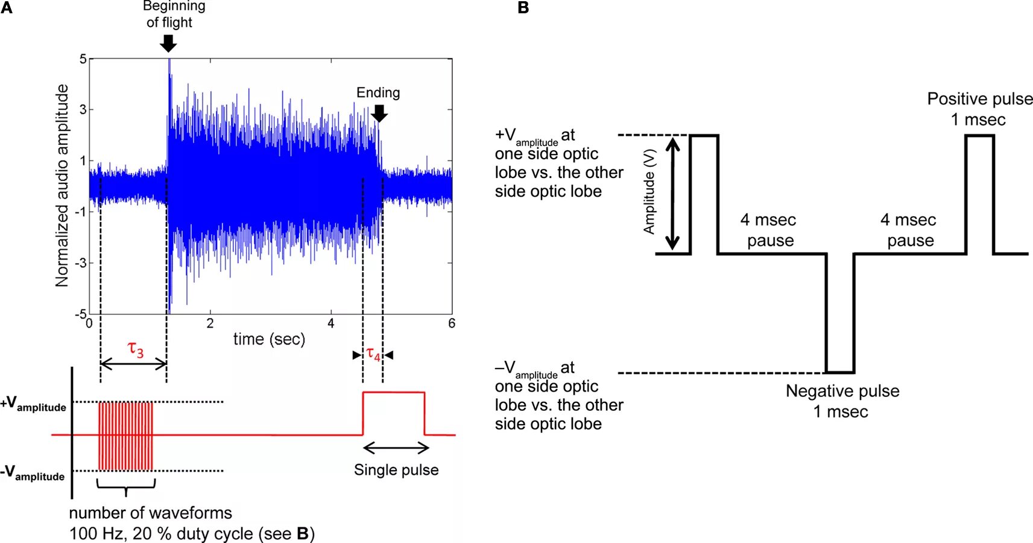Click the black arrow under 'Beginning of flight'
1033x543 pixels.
[168, 43]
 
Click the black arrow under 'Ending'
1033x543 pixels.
[379, 113]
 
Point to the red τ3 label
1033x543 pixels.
[136, 349]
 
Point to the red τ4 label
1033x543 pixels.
[373, 354]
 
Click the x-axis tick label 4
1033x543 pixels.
[331, 324]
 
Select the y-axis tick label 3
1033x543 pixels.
[83, 109]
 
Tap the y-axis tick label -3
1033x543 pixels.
[81, 263]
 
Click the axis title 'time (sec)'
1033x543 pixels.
[269, 339]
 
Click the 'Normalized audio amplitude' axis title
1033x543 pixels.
[62, 185]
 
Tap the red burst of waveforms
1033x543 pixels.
[125, 436]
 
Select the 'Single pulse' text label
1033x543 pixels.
[396, 470]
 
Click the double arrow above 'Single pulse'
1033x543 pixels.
[396, 448]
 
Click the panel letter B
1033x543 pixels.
[523, 8]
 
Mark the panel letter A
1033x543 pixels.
[7, 8]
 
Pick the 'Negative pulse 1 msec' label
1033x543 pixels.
[842, 401]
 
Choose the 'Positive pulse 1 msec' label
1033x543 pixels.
[979, 109]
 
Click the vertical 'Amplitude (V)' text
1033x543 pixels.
[649, 192]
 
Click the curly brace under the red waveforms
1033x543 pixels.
[126, 486]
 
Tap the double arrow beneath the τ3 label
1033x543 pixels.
[133, 364]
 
